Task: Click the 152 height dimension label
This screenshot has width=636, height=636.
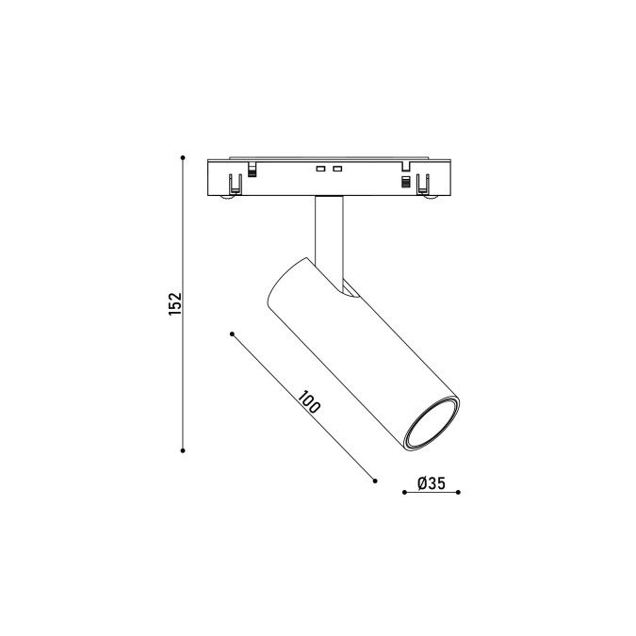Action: coord(175,303)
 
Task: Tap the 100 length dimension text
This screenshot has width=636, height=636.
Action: coord(309,401)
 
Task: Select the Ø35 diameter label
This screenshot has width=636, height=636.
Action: coord(432,483)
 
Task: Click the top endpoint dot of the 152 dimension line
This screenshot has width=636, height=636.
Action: coord(183,157)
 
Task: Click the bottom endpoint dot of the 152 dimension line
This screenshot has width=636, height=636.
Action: coord(183,450)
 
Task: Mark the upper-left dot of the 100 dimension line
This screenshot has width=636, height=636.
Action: coord(232,334)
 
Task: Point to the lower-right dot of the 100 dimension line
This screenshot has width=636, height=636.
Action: coord(375,481)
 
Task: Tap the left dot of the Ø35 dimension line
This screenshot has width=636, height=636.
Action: coord(404,493)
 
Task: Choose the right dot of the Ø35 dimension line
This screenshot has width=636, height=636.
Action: coord(458,493)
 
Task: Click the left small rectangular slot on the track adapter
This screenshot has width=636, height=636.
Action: coord(321,169)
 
